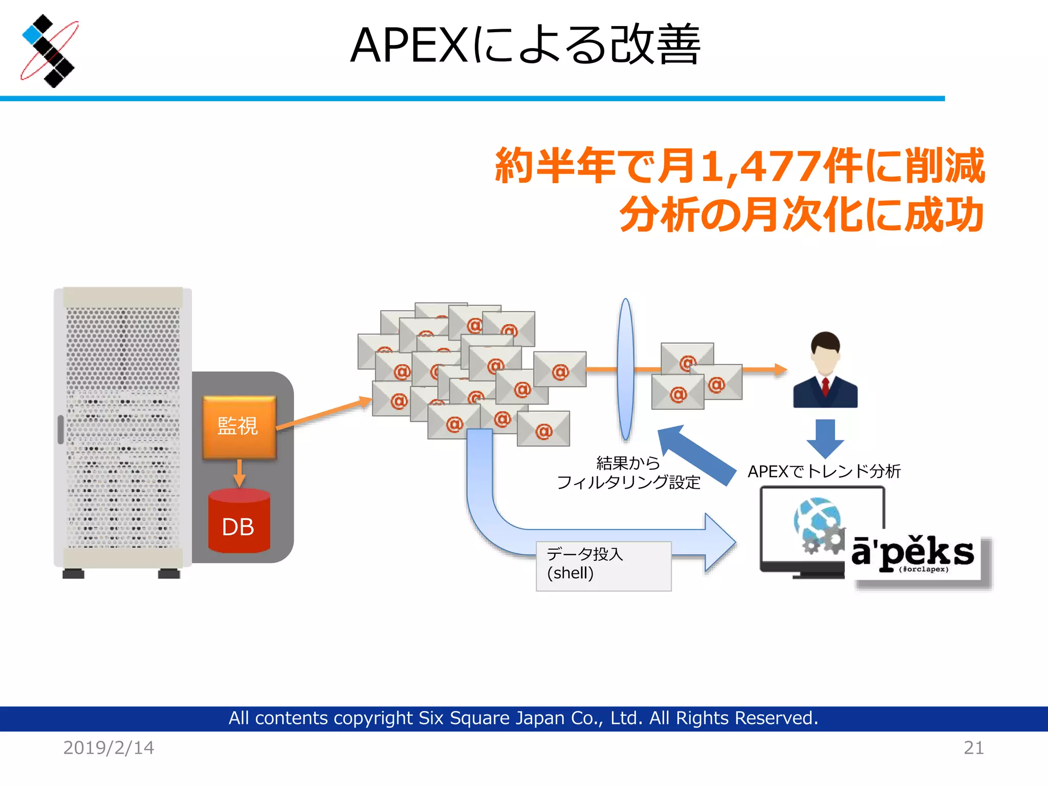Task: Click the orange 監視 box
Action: pos(239,426)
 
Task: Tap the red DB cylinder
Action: pos(239,522)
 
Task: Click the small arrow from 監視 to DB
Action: pos(239,474)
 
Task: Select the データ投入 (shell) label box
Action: pos(603,565)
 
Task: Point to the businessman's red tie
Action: pos(825,386)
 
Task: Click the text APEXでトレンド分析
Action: pos(824,471)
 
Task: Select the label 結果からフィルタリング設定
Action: pos(628,473)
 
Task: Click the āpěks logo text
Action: pos(913,553)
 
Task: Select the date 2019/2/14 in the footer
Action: pos(108,748)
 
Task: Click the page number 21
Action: pos(973,748)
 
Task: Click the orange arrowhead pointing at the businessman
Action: pos(780,369)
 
